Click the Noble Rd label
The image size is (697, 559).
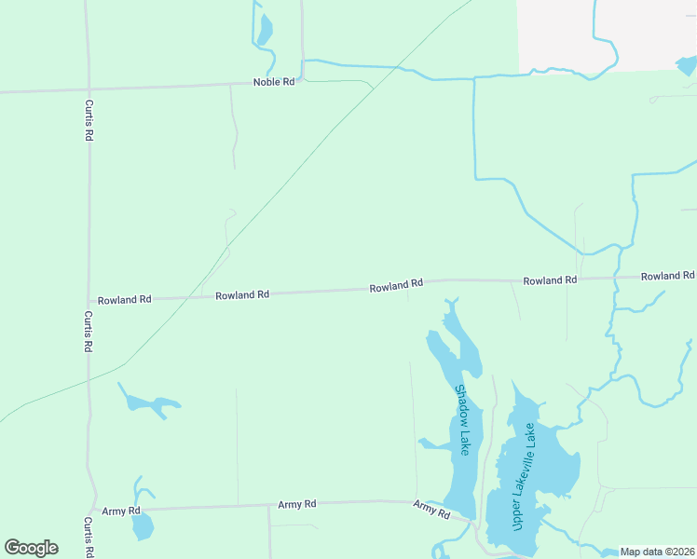[274, 82]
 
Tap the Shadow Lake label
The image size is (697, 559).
[462, 420]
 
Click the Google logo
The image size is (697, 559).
[31, 548]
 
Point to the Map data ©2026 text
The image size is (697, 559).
[657, 552]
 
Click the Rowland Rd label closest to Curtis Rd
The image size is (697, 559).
[124, 300]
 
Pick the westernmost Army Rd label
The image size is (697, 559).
[121, 511]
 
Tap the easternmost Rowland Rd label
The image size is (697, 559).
[667, 276]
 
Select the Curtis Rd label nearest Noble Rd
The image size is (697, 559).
[89, 120]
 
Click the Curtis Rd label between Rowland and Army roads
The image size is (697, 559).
[88, 331]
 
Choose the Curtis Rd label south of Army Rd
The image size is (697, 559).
[88, 538]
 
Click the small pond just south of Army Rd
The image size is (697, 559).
[143, 527]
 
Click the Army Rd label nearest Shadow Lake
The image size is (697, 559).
[431, 509]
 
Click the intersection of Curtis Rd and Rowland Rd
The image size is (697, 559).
[89, 301]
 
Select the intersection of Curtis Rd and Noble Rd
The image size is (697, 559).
[89, 90]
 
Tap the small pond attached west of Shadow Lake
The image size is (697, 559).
[435, 444]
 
